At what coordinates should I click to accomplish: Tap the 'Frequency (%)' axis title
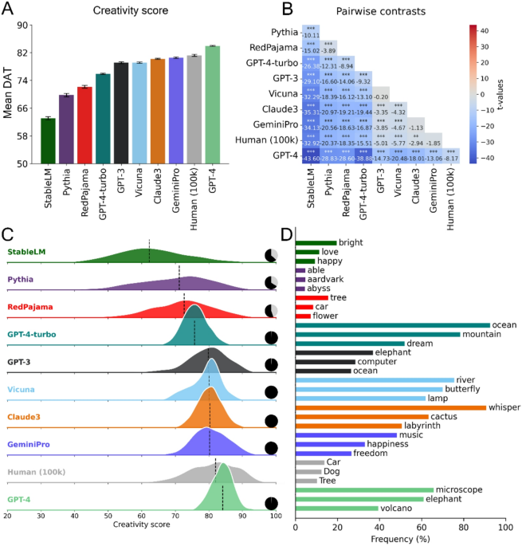[398, 538]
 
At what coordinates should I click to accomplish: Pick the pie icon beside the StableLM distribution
[272, 254]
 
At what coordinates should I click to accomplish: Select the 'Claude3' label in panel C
[26, 415]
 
